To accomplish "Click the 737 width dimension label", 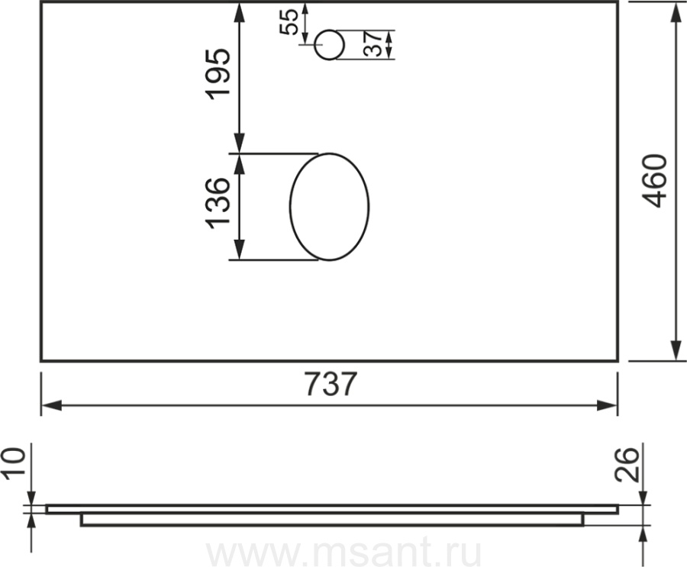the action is click(x=331, y=385).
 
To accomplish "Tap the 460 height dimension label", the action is click(x=656, y=181).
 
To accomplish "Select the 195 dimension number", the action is click(x=218, y=74).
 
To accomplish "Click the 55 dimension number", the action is click(x=289, y=21).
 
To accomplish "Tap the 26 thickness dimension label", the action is click(x=627, y=466).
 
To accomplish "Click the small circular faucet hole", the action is click(x=330, y=45).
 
